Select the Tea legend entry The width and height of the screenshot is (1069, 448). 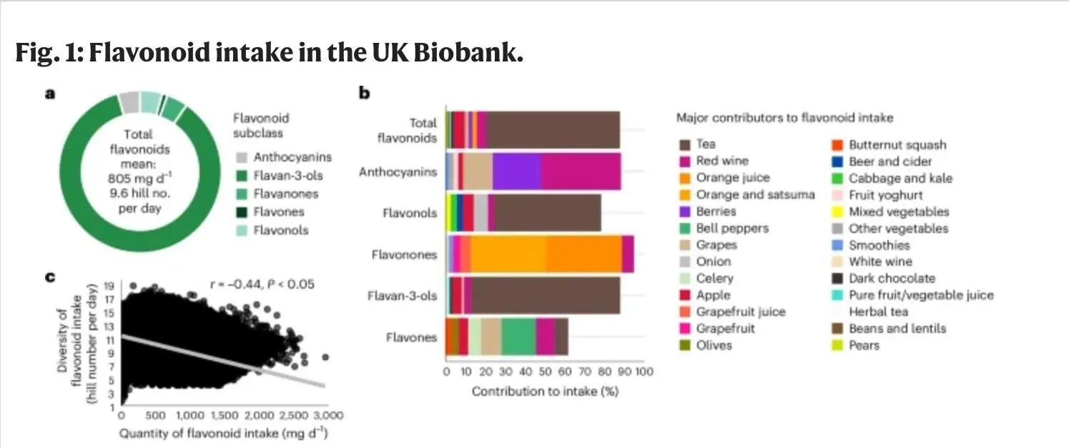(x=705, y=144)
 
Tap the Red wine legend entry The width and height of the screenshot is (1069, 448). (x=722, y=161)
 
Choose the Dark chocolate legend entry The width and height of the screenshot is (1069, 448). (x=891, y=279)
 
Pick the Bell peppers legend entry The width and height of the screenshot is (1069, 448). (x=732, y=229)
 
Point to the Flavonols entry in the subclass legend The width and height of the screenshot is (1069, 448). (x=281, y=231)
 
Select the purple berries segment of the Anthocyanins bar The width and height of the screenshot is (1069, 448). (x=516, y=171)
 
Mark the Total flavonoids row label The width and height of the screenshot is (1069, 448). (x=408, y=131)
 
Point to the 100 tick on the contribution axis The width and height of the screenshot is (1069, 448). (x=644, y=372)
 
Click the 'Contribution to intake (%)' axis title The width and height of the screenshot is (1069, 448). (x=545, y=392)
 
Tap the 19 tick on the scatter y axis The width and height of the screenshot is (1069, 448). (x=109, y=285)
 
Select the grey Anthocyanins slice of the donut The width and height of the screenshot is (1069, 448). (x=129, y=102)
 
